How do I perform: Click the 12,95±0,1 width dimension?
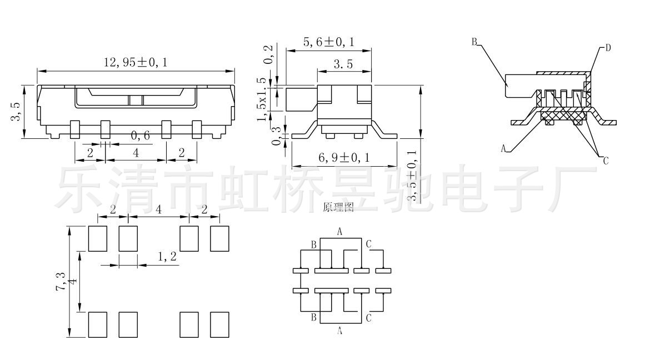[136, 63]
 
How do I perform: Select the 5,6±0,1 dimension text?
[329, 42]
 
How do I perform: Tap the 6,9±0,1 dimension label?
[344, 158]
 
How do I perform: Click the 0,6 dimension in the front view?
[140, 135]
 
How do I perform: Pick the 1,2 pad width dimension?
[167, 257]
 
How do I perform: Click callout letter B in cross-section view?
[475, 42]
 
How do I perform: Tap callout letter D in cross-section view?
[608, 48]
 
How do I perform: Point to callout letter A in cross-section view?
[503, 148]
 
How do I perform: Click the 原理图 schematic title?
[338, 208]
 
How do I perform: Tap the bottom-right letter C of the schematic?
[369, 318]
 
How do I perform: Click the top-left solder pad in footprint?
[98, 238]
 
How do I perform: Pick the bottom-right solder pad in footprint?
[219, 324]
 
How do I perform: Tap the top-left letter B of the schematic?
[313, 244]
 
